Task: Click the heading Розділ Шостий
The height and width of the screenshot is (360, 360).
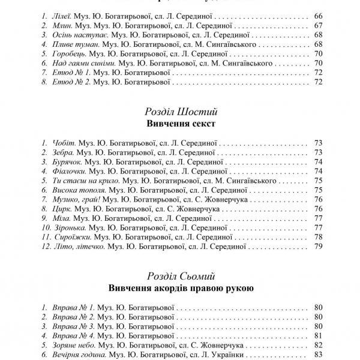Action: (181, 112)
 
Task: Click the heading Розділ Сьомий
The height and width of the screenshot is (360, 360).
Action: (181, 276)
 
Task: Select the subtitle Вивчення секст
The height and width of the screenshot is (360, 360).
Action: (181, 124)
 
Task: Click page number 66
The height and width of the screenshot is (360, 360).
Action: (318, 14)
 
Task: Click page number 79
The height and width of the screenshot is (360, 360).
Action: (318, 246)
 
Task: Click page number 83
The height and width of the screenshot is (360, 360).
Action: (318, 355)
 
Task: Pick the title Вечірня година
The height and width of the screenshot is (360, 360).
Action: (79, 355)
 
